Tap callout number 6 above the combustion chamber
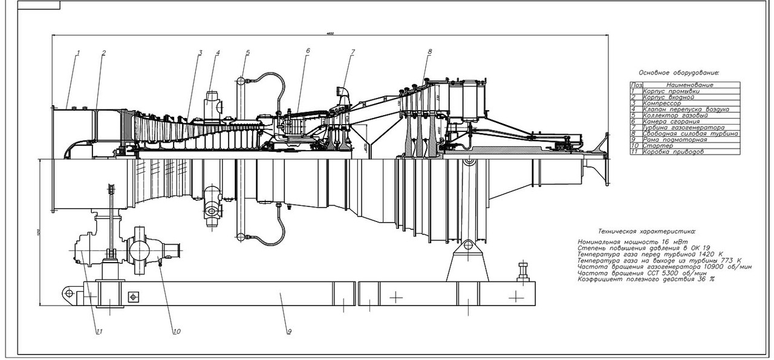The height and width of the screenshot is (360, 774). [307, 51]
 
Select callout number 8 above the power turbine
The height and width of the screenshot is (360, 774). [429, 51]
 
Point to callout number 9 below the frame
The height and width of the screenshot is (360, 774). [289, 332]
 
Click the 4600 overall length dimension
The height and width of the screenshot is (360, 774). [330, 33]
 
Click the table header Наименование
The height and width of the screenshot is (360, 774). [689, 85]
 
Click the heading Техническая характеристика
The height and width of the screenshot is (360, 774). [646, 231]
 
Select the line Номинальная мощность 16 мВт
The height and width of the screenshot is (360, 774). [629, 242]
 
